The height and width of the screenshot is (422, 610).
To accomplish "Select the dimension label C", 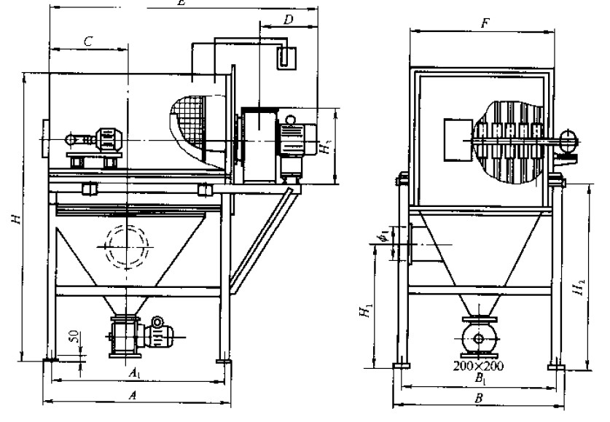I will coord(87,42).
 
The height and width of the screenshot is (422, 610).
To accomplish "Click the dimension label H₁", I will coord(362,311).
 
